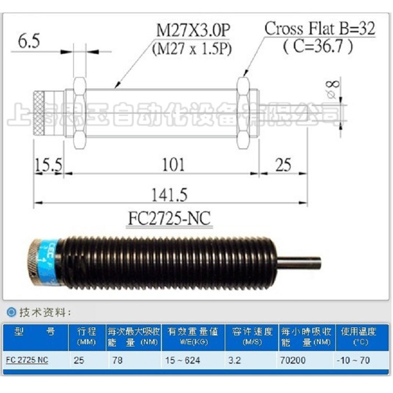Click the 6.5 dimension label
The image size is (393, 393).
point(29,42)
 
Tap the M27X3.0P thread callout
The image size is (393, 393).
point(193,30)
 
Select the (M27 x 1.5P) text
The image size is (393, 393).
point(192,49)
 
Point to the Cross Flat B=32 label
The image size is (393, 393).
point(320,28)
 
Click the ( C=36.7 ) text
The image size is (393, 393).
point(318,46)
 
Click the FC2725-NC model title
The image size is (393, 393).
point(169,217)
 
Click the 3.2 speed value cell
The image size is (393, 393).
point(234,361)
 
